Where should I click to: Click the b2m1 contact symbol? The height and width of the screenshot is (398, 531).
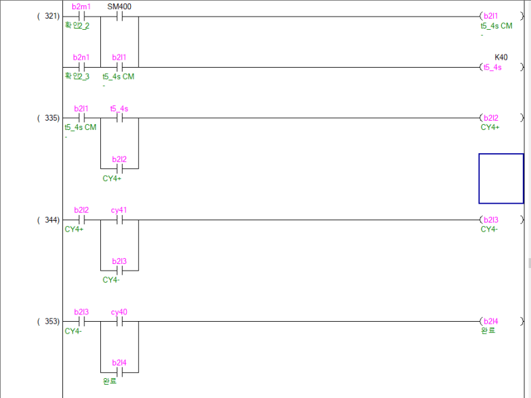click(82, 16)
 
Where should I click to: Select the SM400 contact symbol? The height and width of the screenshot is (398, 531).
click(119, 16)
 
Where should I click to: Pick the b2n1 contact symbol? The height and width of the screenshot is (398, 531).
click(82, 67)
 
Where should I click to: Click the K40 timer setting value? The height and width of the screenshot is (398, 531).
click(500, 58)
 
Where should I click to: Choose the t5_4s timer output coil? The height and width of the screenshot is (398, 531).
click(492, 67)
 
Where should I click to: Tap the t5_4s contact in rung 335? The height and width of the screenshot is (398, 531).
click(119, 118)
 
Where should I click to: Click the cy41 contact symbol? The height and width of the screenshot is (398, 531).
click(119, 220)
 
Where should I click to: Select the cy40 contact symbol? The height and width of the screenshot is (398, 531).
click(119, 321)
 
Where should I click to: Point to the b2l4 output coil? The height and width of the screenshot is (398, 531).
click(491, 321)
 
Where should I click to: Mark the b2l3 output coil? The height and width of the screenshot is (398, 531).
click(491, 220)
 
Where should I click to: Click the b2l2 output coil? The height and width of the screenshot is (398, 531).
click(491, 118)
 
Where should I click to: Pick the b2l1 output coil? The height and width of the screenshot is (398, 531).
click(491, 16)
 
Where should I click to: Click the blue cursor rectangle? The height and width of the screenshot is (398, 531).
click(501, 178)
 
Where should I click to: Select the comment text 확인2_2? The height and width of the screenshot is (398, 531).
click(77, 26)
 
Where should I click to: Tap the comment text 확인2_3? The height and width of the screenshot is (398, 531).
click(77, 77)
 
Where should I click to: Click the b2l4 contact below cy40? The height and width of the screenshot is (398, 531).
click(119, 372)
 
